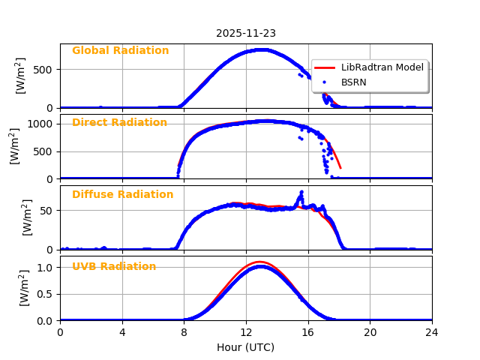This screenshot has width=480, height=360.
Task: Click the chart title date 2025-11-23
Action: (246, 33)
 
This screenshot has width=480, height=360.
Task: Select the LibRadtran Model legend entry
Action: (382, 67)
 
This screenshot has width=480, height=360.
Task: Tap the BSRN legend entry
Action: (354, 82)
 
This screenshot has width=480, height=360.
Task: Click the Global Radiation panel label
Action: (120, 50)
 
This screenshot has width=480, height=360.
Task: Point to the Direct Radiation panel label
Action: (119, 122)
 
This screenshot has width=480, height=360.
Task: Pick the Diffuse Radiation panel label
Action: (122, 194)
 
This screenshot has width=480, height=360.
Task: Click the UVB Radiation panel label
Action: (114, 266)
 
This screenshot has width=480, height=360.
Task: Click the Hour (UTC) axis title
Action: (246, 347)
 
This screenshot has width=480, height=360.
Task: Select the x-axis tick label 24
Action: (432, 332)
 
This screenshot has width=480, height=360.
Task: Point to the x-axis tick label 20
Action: (370, 332)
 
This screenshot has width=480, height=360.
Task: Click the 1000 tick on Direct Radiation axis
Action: (42, 124)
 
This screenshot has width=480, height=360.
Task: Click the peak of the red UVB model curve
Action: (259, 262)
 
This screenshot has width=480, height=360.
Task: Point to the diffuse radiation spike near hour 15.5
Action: (301, 192)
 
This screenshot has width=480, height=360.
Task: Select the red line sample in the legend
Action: (325, 67)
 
